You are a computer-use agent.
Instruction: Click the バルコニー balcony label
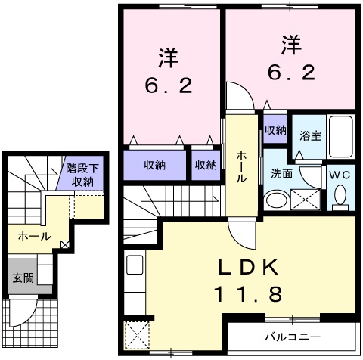click(293, 335)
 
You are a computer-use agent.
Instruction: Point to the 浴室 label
click(310, 137)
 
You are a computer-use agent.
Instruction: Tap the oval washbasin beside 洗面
click(277, 200)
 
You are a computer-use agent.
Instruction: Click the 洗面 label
click(281, 172)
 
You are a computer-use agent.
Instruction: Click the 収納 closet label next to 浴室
click(275, 130)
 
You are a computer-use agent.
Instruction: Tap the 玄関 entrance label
click(22, 278)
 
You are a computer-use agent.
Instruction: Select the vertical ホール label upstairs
click(241, 166)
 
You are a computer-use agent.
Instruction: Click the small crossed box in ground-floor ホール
click(66, 244)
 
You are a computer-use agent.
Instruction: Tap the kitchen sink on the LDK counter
click(135, 265)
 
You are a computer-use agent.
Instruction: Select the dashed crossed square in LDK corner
click(137, 334)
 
